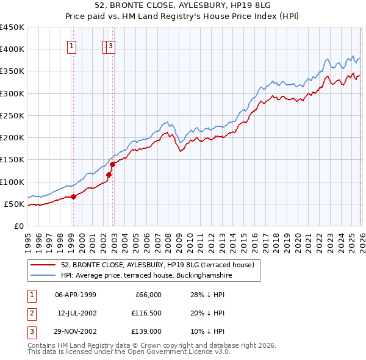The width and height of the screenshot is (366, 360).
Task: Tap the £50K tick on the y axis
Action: [x=14, y=204]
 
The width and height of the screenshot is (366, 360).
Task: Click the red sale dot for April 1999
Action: [x=73, y=196]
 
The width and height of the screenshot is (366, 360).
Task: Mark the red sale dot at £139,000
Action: [x=113, y=164]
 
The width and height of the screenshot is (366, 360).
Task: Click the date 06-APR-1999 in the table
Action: [x=75, y=295]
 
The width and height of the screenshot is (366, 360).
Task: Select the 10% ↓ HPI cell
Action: [x=207, y=331]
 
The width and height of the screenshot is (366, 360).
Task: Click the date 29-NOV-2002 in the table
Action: [x=75, y=331]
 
